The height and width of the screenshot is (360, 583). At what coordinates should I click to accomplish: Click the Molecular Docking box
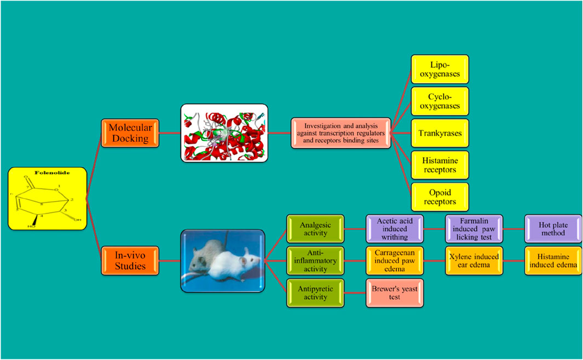point(130,133)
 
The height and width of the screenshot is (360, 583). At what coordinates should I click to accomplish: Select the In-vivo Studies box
point(130,260)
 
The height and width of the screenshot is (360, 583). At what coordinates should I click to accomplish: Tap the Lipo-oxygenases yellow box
point(440,69)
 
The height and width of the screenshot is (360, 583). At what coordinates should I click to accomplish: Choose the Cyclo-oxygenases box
point(440,101)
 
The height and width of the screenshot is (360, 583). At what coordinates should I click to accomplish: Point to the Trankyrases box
point(440,132)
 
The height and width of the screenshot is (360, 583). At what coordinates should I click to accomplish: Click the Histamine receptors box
point(440,165)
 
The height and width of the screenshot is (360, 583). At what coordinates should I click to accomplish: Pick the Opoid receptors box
point(440,197)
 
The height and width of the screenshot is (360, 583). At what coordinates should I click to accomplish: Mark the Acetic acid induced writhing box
point(392,229)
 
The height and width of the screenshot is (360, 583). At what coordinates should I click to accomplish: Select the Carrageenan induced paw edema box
point(392,260)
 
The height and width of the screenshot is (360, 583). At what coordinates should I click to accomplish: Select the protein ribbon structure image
point(224,133)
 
